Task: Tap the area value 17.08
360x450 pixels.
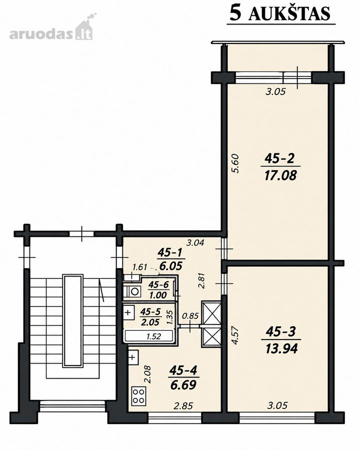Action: click(280, 175)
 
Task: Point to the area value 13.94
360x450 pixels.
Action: click(281, 348)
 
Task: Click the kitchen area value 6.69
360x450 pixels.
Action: click(183, 385)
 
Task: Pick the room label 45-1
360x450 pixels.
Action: click(169, 252)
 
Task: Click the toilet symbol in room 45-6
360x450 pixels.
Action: click(133, 291)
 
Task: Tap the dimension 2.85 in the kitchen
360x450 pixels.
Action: click(183, 406)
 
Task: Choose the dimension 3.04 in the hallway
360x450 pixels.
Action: click(195, 243)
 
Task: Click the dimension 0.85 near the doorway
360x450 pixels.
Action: click(190, 316)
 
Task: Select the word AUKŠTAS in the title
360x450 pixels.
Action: click(289, 13)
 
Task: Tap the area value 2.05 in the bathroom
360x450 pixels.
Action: click(150, 322)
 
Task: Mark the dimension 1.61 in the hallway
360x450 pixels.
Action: click(139, 267)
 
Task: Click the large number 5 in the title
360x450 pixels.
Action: click(235, 13)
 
